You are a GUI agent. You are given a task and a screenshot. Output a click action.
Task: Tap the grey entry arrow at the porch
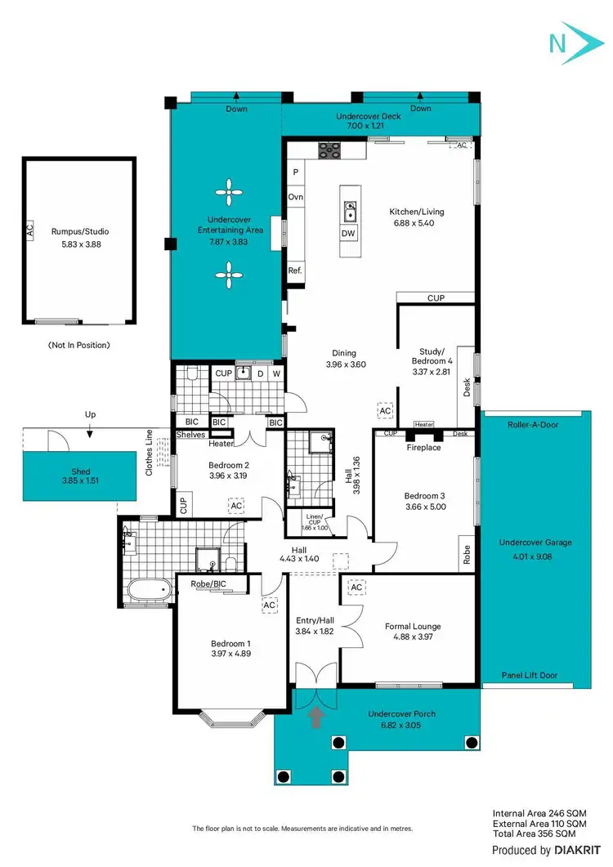316,717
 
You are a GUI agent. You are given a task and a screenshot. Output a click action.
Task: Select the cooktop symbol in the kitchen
329,149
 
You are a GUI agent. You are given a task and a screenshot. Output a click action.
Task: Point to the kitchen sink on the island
349,211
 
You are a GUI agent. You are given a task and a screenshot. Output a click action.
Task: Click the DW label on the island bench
349,234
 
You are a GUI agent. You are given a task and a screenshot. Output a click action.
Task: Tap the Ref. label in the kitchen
295,270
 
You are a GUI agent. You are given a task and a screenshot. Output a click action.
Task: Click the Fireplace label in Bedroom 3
423,448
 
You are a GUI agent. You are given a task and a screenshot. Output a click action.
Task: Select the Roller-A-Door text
533,425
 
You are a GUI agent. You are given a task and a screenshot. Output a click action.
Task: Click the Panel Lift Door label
530,676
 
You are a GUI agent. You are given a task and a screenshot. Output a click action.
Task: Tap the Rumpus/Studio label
79,232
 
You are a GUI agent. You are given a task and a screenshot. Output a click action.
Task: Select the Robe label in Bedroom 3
467,556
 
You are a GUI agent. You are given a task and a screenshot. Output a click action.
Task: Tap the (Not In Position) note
78,346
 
